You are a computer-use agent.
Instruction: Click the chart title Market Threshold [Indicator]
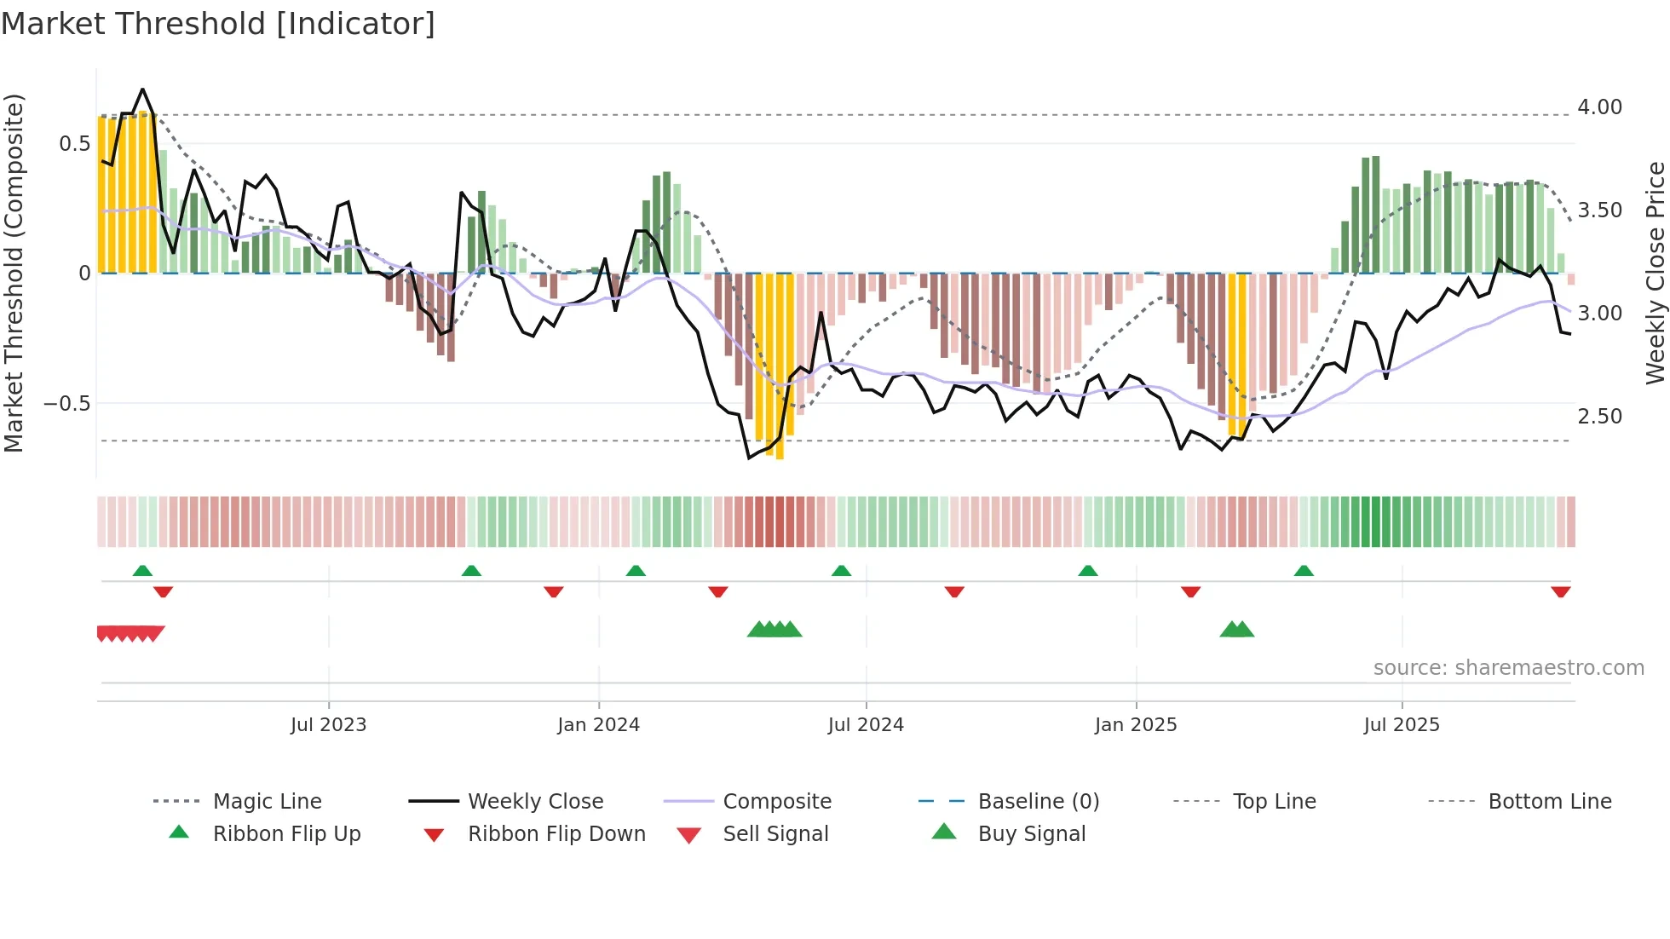pyautogui.click(x=218, y=24)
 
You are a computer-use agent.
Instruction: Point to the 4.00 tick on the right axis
pyautogui.click(x=1599, y=107)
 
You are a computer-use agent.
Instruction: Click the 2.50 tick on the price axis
pyautogui.click(x=1599, y=417)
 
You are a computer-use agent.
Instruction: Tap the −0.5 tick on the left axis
pyautogui.click(x=66, y=404)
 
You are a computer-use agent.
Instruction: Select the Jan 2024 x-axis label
pyautogui.click(x=598, y=725)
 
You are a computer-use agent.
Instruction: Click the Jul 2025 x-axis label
pyautogui.click(x=1402, y=725)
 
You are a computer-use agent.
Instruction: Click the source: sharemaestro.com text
pyautogui.click(x=1508, y=668)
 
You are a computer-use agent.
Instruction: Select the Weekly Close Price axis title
pyautogui.click(x=1655, y=273)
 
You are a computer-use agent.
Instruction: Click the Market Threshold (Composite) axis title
pyautogui.click(x=14, y=273)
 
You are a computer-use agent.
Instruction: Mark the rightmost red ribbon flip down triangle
pyautogui.click(x=1560, y=592)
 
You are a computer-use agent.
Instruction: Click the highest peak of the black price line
pyautogui.click(x=142, y=89)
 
